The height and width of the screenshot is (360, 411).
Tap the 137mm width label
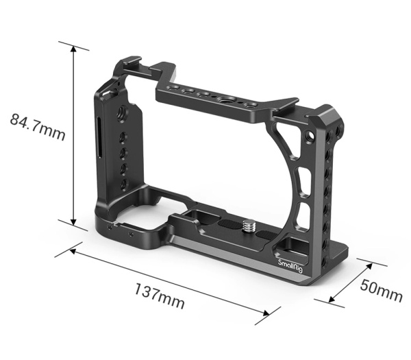coord(160,295)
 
